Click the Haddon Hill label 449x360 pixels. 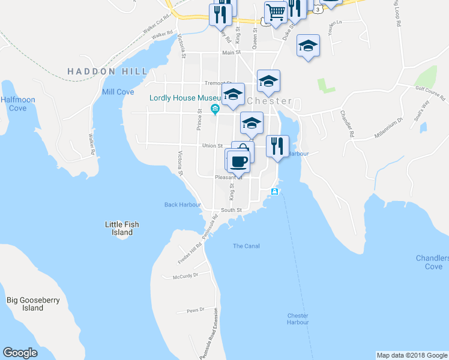107,71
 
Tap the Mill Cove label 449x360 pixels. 118,92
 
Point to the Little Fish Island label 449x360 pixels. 122,229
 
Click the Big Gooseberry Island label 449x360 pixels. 33,304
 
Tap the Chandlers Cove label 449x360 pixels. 432,262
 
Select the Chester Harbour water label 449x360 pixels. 298,319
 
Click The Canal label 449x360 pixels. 246,246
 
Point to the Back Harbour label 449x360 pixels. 182,205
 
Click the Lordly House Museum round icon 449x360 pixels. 214,109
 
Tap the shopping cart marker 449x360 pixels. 276,11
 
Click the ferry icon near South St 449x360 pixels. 274,191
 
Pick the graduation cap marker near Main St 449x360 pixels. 308,46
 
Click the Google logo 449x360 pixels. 20,353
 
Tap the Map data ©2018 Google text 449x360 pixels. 411,355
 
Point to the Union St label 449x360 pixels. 212,145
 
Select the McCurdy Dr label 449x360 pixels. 185,277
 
